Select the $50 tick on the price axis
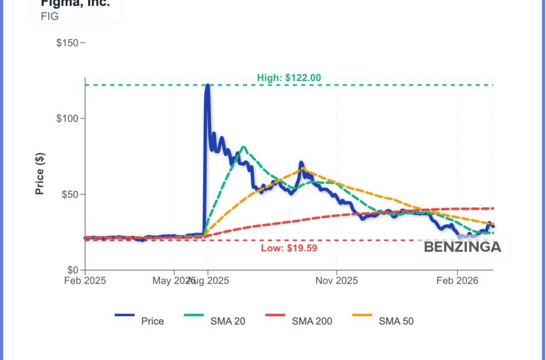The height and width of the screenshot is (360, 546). [x=69, y=194]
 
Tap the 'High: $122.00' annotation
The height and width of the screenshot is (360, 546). [x=289, y=78]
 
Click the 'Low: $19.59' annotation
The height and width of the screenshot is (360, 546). [x=289, y=248]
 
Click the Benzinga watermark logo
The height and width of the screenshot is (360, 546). [x=462, y=247]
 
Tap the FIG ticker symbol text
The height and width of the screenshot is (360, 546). [x=50, y=16]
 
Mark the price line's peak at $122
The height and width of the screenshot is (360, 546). [x=207, y=85]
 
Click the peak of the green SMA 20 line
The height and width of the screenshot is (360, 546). [x=243, y=147]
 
